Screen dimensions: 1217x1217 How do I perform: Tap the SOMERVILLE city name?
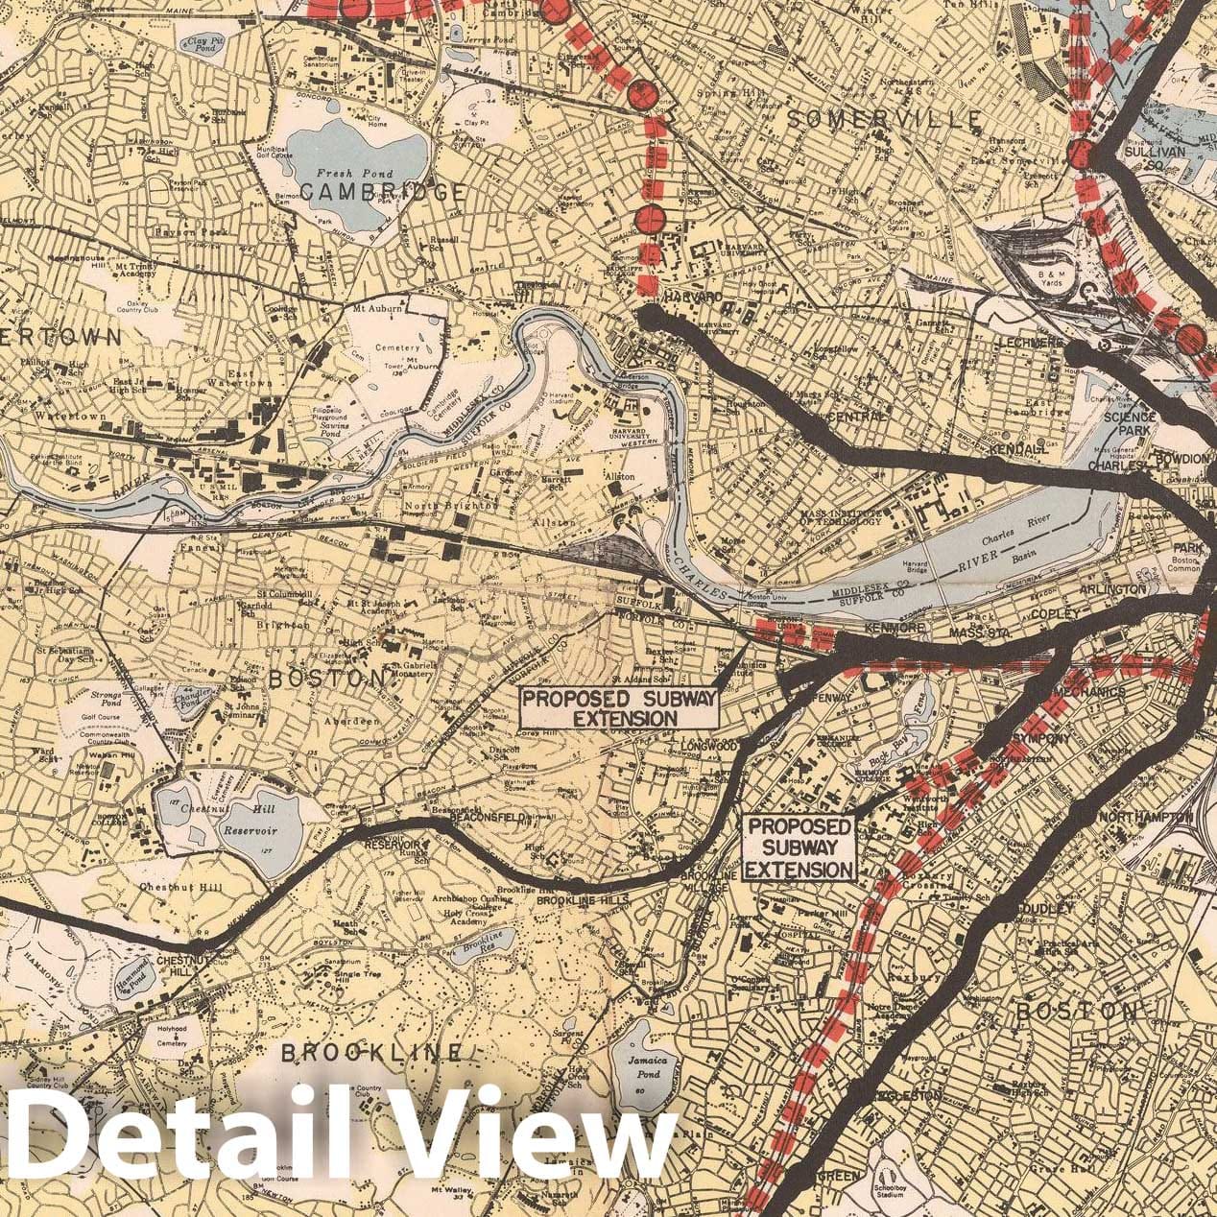884,118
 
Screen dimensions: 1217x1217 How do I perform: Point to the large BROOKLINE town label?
370,1053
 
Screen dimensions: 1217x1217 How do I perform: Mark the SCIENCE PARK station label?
1130,424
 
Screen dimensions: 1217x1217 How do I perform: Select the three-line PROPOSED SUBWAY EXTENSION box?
799,848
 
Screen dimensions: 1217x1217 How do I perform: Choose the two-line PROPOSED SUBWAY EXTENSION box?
618,707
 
